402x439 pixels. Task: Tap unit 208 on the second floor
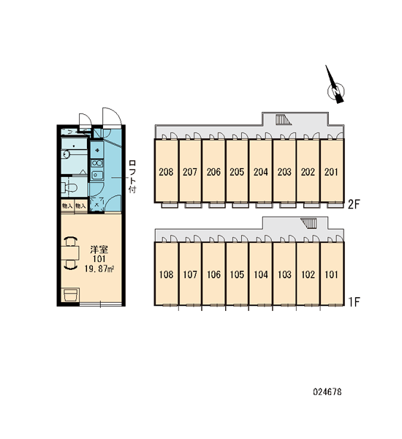point(166,170)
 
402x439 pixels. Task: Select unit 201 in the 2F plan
point(332,170)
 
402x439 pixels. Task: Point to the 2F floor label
point(354,204)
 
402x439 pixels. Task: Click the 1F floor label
point(354,301)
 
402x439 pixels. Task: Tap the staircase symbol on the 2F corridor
point(283,119)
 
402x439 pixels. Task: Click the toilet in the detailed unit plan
point(69,187)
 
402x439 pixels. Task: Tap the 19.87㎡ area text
point(99,269)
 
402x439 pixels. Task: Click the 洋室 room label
point(99,249)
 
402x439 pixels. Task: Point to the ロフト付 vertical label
point(132,176)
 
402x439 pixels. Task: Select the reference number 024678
point(327,391)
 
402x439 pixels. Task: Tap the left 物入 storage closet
point(67,206)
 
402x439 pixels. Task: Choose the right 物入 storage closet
point(80,206)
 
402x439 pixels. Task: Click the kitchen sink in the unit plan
point(97,176)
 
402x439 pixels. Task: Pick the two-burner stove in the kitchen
point(97,163)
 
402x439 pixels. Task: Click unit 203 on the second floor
point(284,170)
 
